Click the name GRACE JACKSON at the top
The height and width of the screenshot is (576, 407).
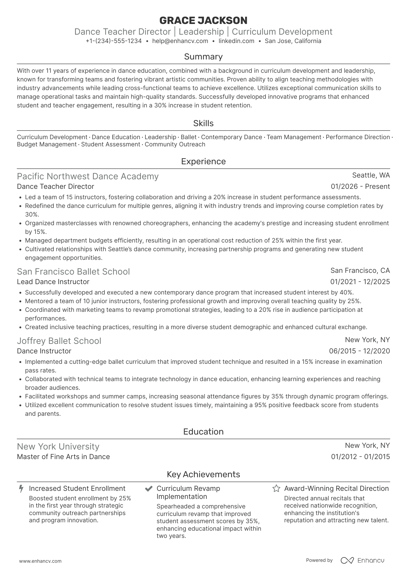pyautogui.click(x=203, y=20)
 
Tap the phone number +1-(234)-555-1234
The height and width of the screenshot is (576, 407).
pyautogui.click(x=114, y=41)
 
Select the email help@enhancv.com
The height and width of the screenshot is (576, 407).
pyautogui.click(x=180, y=41)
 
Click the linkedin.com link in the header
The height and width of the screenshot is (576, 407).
pyautogui.click(x=236, y=41)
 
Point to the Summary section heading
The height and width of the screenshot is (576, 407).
pyautogui.click(x=203, y=57)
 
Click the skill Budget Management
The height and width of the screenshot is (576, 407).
pyautogui.click(x=46, y=144)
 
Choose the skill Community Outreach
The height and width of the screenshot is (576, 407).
pyautogui.click(x=175, y=144)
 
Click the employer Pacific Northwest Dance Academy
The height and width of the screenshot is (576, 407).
pyautogui.click(x=88, y=176)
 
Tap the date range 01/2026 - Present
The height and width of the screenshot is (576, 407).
pyautogui.click(x=360, y=187)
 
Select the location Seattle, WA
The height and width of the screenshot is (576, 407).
pyautogui.click(x=371, y=175)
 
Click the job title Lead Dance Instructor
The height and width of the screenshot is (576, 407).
pyautogui.click(x=53, y=282)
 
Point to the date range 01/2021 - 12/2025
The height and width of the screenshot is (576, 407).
pyautogui.click(x=360, y=282)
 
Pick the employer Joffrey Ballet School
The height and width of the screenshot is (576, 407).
pyautogui.click(x=59, y=341)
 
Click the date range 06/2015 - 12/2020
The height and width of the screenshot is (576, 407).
pyautogui.click(x=359, y=351)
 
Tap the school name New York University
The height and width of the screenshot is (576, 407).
pyautogui.click(x=58, y=446)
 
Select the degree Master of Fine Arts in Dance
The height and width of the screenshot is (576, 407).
pyautogui.click(x=64, y=457)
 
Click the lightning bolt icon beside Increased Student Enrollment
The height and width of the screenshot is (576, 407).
pyautogui.click(x=21, y=489)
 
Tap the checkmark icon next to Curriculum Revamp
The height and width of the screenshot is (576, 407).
pyautogui.click(x=149, y=489)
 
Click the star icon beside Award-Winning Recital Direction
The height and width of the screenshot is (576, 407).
pyautogui.click(x=276, y=489)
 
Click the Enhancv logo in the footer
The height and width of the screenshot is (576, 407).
pyautogui.click(x=363, y=560)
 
